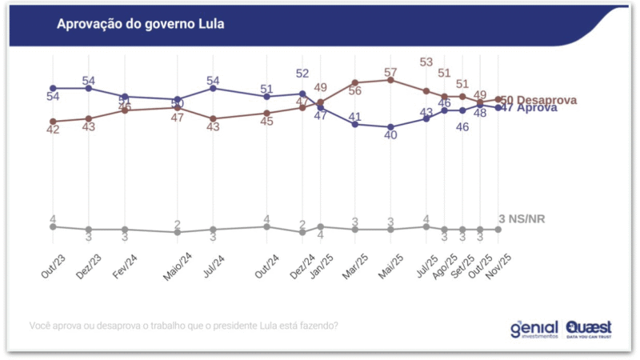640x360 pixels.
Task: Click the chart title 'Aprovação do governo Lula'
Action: pyautogui.click(x=140, y=24)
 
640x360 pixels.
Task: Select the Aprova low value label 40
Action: pyautogui.click(x=390, y=135)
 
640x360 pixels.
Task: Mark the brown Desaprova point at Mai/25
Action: pyautogui.click(x=390, y=80)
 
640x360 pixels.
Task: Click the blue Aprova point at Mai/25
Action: pyautogui.click(x=390, y=127)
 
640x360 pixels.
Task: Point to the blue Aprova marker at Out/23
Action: pyautogui.click(x=53, y=88)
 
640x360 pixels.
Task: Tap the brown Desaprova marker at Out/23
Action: pyautogui.click(x=53, y=122)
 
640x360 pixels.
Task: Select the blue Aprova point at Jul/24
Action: pyautogui.click(x=213, y=88)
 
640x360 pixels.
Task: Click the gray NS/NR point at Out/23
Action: pyautogui.click(x=53, y=226)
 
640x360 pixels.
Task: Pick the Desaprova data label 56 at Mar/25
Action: pyautogui.click(x=354, y=91)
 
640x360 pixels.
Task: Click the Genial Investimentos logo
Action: pyautogui.click(x=534, y=328)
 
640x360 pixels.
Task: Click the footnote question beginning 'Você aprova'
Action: pyautogui.click(x=183, y=326)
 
